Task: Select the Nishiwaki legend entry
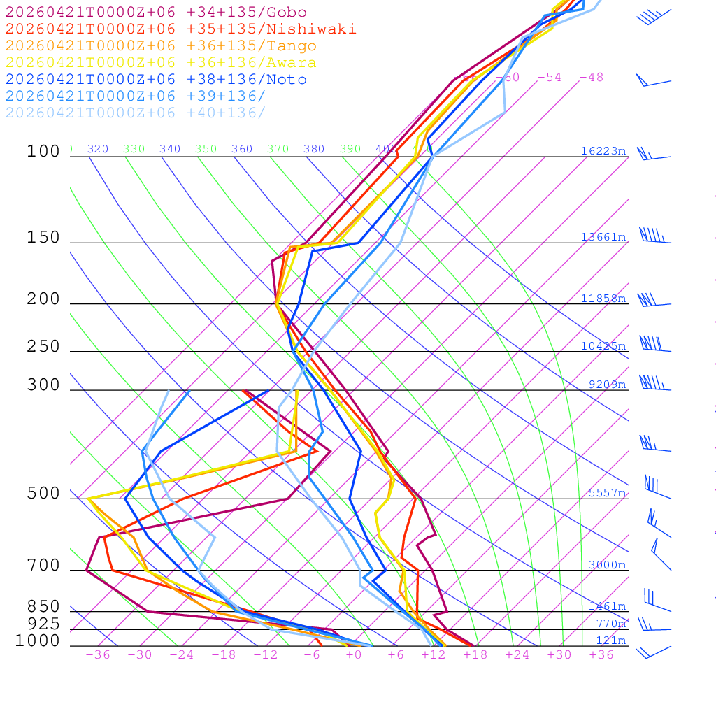click(180, 29)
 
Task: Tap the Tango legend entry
click(161, 46)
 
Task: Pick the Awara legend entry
click(161, 63)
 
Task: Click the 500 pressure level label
click(43, 494)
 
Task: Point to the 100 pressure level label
click(43, 151)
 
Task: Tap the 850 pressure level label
click(43, 606)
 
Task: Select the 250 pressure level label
click(43, 347)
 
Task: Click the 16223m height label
click(603, 151)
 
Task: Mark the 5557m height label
click(607, 493)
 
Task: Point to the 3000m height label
click(607, 565)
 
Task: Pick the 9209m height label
click(607, 385)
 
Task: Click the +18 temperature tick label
click(475, 655)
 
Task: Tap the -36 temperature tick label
click(98, 655)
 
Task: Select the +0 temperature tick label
click(354, 655)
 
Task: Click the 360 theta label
click(242, 149)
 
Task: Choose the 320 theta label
click(98, 149)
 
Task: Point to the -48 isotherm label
click(591, 77)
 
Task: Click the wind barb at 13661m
click(653, 236)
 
